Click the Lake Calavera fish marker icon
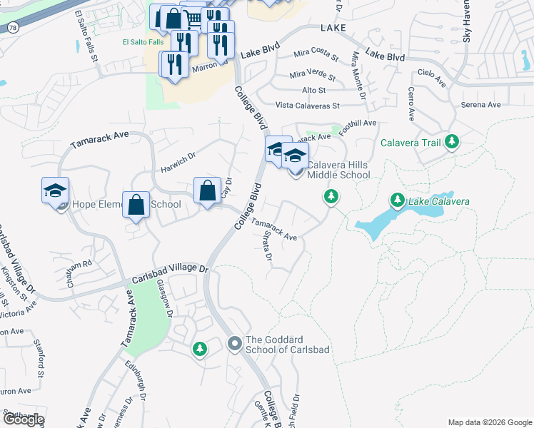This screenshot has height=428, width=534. pyautogui.click(x=396, y=201)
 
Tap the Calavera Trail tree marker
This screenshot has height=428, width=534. pyautogui.click(x=451, y=143)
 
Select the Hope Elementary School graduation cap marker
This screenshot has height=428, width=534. pyautogui.click(x=55, y=190)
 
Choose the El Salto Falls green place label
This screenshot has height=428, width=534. pyautogui.click(x=142, y=41)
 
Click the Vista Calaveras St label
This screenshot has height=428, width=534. pyautogui.click(x=308, y=106)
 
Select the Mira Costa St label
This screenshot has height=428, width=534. pyautogui.click(x=316, y=54)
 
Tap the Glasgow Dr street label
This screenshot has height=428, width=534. pyautogui.click(x=166, y=298)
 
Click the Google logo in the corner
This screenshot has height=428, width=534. pyautogui.click(x=23, y=419)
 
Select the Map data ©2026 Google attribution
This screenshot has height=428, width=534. pyautogui.click(x=489, y=422)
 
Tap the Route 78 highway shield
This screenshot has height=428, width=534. pyautogui.click(x=13, y=26)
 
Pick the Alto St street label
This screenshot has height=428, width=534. pyautogui.click(x=313, y=90)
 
